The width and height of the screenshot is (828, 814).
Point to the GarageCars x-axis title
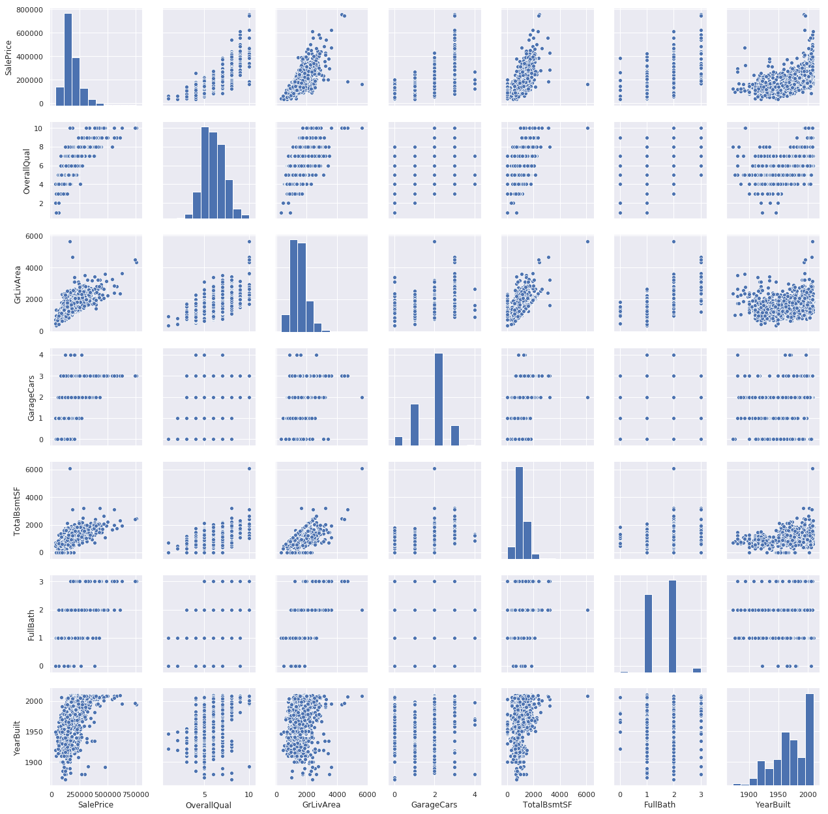point(434,805)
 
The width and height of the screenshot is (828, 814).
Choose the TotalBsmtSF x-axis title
point(546,805)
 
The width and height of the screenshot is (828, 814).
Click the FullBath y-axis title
point(31,624)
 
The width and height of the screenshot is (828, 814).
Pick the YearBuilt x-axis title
point(772,805)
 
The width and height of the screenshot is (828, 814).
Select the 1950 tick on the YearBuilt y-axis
point(39,732)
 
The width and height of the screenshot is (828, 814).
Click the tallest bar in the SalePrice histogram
point(68,59)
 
